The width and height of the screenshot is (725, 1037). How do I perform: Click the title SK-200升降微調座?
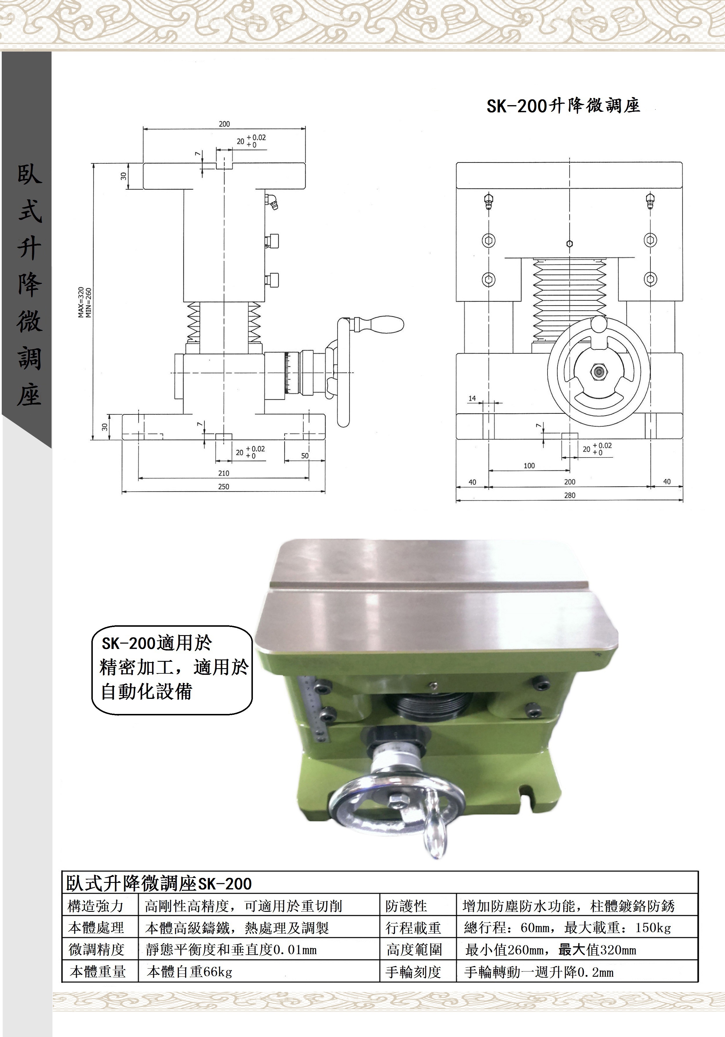point(563,106)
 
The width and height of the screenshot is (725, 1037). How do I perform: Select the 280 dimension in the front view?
point(570,495)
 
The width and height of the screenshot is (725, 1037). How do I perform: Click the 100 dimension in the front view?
point(529,466)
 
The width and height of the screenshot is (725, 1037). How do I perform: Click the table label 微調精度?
point(96,949)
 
